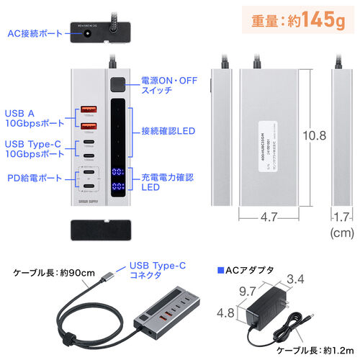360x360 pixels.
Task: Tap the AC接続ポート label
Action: [x=35, y=32]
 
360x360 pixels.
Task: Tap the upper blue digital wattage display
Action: [x=120, y=174]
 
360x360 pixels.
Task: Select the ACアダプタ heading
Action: [x=246, y=271]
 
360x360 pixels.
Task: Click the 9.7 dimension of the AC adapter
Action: [x=248, y=292]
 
